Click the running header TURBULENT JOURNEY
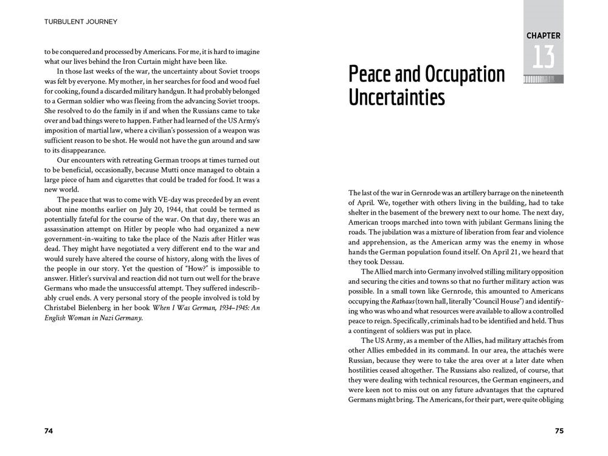81,22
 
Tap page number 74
49,430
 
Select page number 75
559,430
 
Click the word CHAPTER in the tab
543,36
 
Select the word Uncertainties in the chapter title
397,97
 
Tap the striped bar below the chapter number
543,79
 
